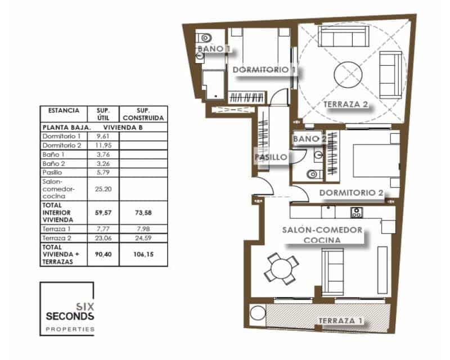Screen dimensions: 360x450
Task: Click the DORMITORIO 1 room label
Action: tap(264, 70)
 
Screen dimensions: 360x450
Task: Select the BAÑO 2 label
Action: tap(309, 138)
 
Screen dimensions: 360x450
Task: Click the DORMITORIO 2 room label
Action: tap(351, 192)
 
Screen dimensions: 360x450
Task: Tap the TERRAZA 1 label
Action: tap(340, 321)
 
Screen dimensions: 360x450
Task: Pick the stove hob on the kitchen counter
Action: tap(356, 212)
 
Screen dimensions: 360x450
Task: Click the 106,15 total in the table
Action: tap(145, 254)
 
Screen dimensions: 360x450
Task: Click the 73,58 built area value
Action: tap(145, 213)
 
